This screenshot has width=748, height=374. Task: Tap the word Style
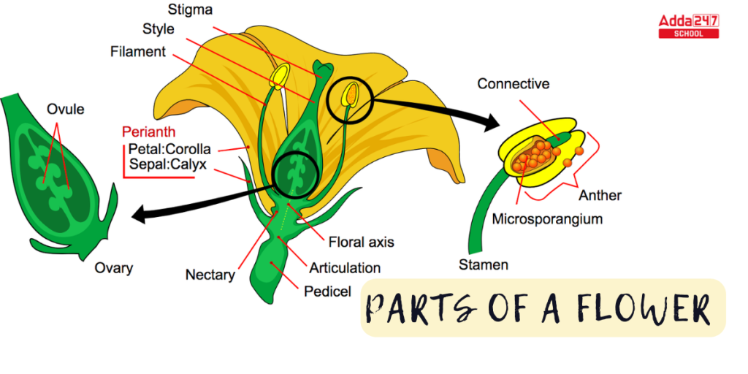click(159, 30)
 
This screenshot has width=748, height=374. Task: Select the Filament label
click(138, 53)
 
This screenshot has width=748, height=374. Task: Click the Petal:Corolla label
click(169, 149)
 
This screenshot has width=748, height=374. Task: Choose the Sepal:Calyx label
click(168, 165)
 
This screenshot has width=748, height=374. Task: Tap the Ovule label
click(66, 110)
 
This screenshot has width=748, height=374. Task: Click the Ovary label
click(114, 268)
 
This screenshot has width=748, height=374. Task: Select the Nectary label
click(210, 275)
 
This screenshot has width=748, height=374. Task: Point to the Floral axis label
click(362, 242)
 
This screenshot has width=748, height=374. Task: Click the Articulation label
click(345, 267)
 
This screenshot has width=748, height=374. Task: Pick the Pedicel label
click(327, 291)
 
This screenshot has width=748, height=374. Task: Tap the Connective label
click(513, 84)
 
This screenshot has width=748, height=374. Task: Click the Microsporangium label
click(547, 218)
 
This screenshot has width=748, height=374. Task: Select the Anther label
click(600, 195)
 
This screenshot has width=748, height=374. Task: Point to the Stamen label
click(484, 264)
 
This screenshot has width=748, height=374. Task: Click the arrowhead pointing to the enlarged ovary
click(139, 213)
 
